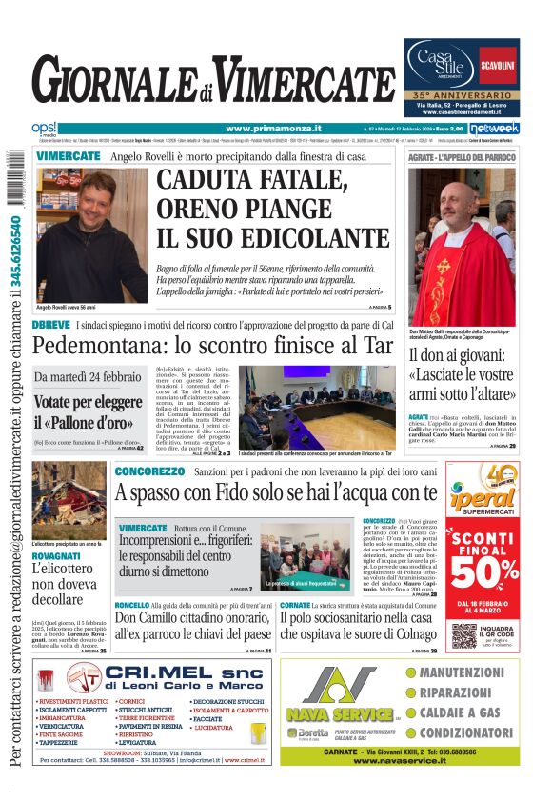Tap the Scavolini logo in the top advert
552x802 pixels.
click(498, 64)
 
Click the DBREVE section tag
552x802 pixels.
click(50, 325)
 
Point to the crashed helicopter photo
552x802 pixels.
click(69, 503)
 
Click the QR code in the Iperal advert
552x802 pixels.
click(463, 636)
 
